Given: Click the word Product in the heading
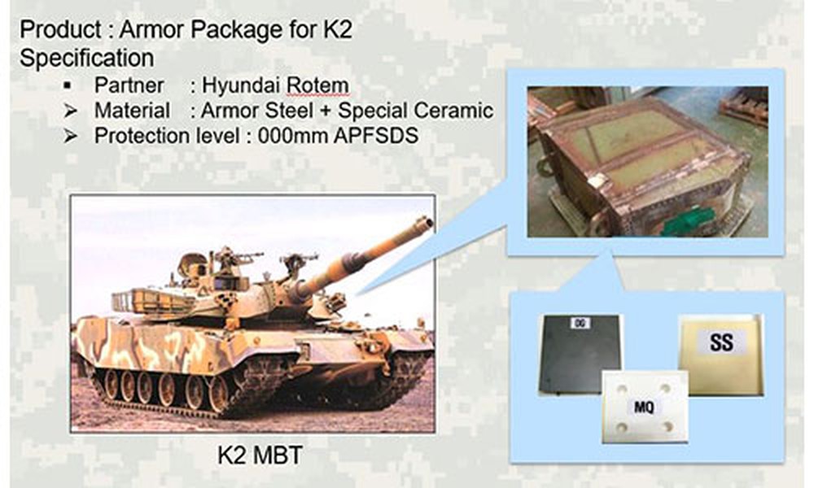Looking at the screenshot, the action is click(60, 29).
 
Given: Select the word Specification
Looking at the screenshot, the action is click(87, 58).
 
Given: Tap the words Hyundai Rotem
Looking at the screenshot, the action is click(275, 85).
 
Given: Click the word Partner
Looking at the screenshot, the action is click(129, 85).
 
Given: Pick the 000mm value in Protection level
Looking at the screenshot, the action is click(291, 136).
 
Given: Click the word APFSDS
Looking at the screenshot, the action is click(376, 136).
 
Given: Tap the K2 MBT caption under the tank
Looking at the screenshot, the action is click(260, 455).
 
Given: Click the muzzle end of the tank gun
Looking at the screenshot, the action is click(426, 224).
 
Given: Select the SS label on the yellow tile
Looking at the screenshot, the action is click(721, 342).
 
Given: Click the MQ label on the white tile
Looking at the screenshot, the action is click(644, 407).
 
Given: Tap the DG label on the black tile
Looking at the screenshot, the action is click(580, 323).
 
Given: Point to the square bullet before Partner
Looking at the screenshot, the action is click(68, 85).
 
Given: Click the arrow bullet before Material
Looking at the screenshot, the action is click(70, 111).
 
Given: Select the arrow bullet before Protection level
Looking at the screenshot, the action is click(70, 136).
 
